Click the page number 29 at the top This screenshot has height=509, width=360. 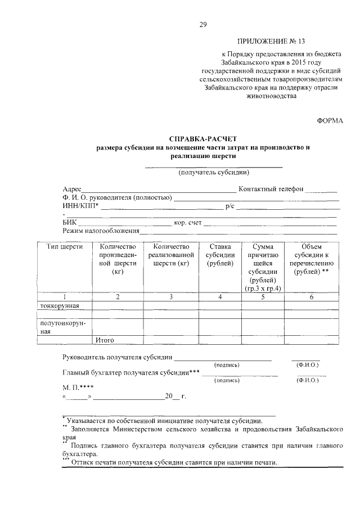click(203, 24)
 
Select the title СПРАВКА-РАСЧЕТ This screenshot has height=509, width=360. click(203, 138)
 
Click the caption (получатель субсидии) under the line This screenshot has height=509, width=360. click(214, 173)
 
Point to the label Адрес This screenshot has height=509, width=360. click(73, 189)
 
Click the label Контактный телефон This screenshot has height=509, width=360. click(271, 189)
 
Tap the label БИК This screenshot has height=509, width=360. click(69, 223)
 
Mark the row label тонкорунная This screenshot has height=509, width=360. click(58, 305)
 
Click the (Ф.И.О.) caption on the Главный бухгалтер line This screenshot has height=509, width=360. click(307, 381)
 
